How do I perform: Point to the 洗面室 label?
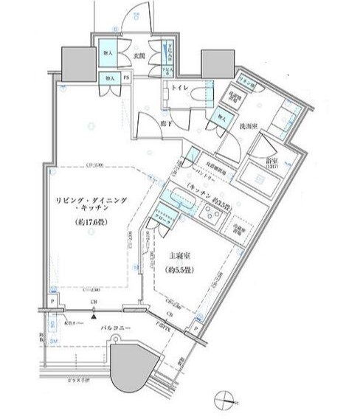click(x=247, y=126)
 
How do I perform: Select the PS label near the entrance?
click(x=126, y=77)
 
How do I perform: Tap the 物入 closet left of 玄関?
click(x=109, y=55)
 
